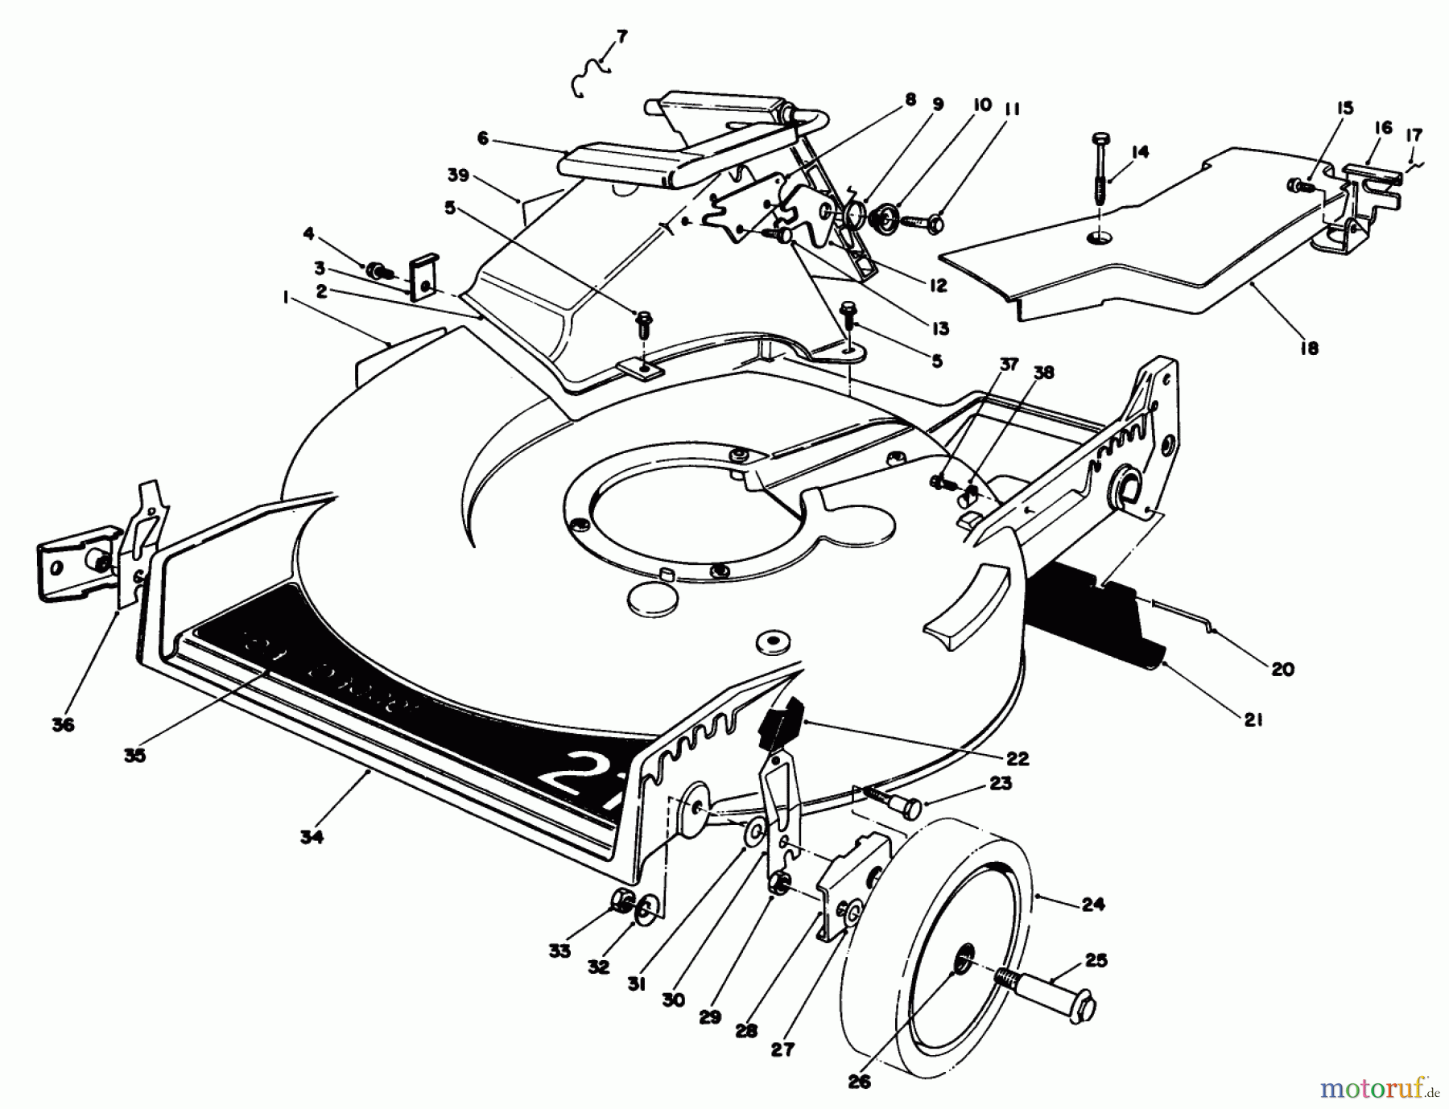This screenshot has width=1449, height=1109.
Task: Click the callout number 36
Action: (x=63, y=724)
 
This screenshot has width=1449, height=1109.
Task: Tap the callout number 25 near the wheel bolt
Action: (x=1096, y=960)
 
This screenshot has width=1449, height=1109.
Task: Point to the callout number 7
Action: (x=621, y=37)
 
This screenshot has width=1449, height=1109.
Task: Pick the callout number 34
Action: (x=312, y=837)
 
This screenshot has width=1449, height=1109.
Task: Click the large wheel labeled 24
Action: (x=934, y=909)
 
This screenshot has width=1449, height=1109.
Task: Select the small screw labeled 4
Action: (x=377, y=270)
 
